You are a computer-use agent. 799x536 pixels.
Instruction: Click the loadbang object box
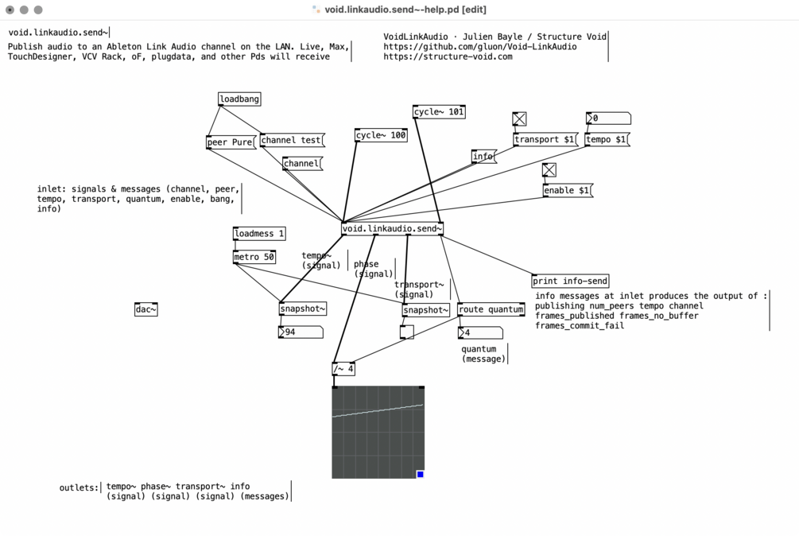click(239, 99)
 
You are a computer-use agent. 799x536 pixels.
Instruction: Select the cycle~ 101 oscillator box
click(439, 111)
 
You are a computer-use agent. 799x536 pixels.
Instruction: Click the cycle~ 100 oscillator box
click(381, 135)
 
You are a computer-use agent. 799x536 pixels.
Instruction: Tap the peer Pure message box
click(231, 142)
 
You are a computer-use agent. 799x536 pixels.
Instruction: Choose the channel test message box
click(293, 140)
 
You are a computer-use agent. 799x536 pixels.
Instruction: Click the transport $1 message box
click(545, 140)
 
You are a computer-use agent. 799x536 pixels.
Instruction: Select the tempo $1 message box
click(607, 140)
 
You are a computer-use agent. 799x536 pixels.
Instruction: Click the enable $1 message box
click(568, 191)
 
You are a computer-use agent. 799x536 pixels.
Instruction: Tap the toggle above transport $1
click(519, 119)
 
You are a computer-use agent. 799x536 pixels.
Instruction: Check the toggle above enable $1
click(549, 170)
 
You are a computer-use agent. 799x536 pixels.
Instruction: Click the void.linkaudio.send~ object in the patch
click(392, 229)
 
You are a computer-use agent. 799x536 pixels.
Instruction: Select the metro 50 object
click(254, 258)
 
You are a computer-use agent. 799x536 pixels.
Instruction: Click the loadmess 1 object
click(259, 234)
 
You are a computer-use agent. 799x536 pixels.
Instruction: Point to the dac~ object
click(146, 309)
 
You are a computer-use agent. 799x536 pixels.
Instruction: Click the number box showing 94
click(301, 332)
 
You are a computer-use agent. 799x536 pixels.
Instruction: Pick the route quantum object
click(491, 309)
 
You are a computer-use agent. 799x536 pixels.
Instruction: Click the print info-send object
click(570, 281)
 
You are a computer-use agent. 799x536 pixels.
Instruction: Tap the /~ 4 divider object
click(343, 369)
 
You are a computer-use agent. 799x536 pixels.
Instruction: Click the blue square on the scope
click(421, 474)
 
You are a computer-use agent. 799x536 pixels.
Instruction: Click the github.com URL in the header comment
click(480, 46)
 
